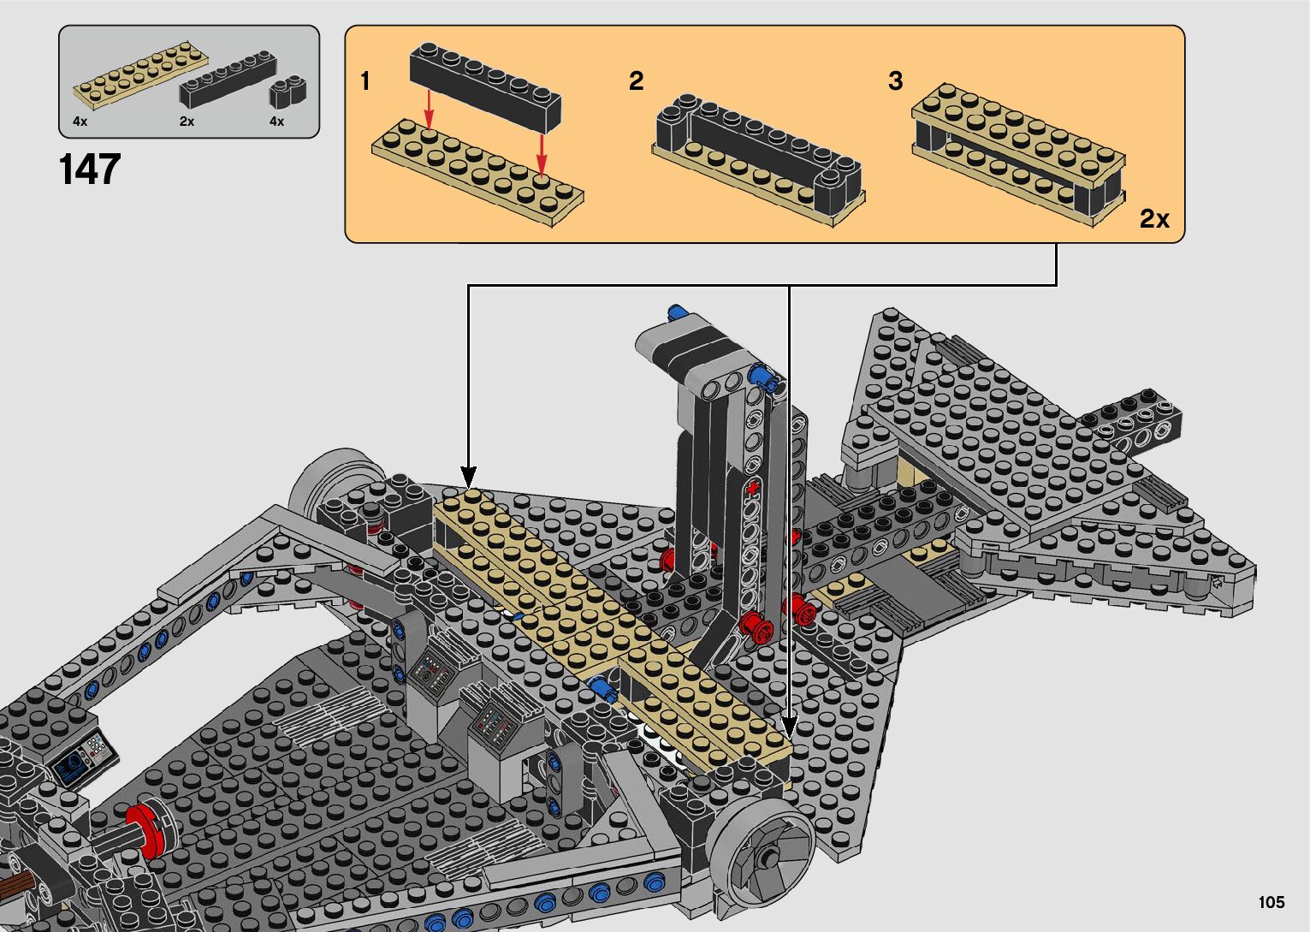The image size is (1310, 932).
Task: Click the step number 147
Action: [90, 169]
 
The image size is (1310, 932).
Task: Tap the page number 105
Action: [1271, 901]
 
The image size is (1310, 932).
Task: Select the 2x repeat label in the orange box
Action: [1154, 219]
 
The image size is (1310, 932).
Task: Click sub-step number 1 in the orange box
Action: [365, 80]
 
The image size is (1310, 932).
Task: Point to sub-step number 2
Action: [637, 80]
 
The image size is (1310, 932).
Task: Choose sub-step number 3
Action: [895, 80]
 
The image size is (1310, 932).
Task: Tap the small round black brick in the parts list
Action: [287, 92]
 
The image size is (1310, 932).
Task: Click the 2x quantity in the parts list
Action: [187, 122]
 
